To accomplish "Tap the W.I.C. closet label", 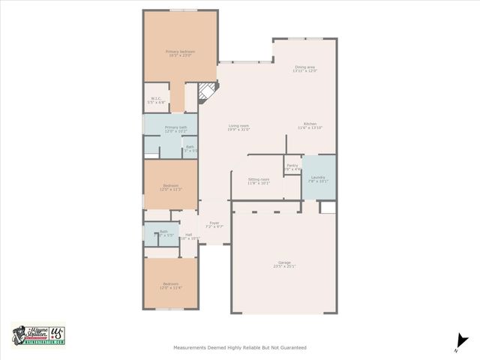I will [156, 100].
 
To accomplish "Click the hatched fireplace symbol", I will [206, 93].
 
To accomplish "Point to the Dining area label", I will [305, 69].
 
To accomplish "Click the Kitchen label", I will [310, 126].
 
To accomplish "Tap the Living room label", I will [238, 127].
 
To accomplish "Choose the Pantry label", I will [292, 167].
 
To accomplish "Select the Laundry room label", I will [318, 179].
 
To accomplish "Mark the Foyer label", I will [214, 224].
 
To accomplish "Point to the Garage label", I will [284, 264].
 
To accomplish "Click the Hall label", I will [189, 236].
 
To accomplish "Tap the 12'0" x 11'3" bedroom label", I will [170, 187].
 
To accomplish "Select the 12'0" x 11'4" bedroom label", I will [170, 286].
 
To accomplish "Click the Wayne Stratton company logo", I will [38, 334].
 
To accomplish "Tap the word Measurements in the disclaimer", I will [192, 347].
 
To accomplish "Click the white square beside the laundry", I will [327, 207].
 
